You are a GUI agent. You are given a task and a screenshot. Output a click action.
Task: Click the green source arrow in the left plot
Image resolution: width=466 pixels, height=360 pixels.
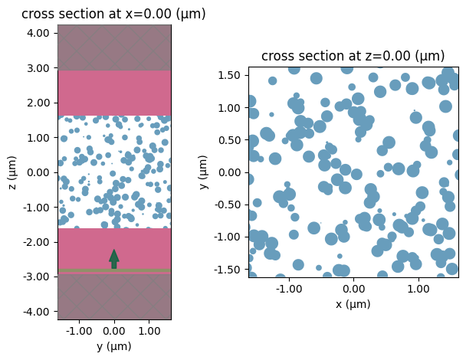(114, 258)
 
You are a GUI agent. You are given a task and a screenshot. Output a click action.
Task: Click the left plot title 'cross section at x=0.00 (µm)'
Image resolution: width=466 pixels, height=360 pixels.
(113, 14)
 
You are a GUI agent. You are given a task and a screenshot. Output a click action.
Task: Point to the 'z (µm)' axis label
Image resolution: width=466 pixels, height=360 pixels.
(11, 172)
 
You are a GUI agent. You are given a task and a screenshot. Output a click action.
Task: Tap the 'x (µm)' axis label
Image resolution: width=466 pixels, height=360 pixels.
(353, 304)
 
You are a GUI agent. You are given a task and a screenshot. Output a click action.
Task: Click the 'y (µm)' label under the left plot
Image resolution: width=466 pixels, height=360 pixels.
(113, 346)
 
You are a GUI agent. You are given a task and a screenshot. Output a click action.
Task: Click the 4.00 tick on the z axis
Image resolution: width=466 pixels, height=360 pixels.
(39, 33)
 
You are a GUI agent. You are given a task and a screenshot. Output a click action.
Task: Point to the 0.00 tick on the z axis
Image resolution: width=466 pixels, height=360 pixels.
(39, 172)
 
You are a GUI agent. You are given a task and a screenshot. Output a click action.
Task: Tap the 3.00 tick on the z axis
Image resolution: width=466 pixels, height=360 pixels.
(39, 68)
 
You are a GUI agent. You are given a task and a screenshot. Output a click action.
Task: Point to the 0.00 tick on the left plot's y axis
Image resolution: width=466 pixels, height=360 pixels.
(114, 331)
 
